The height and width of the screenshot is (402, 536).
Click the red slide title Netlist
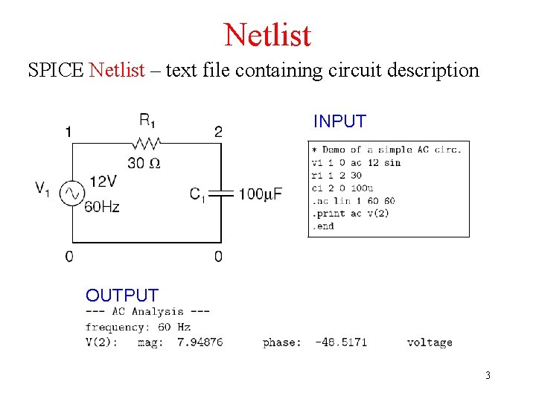pyautogui.click(x=267, y=34)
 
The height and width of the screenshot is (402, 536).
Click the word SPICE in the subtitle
pyautogui.click(x=56, y=71)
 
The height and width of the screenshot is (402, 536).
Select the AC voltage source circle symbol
pyautogui.click(x=72, y=194)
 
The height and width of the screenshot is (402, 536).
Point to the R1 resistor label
pyautogui.click(x=147, y=121)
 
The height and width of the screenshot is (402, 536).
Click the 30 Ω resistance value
pyautogui.click(x=144, y=163)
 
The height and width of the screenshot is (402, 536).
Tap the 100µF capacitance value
pyautogui.click(x=261, y=194)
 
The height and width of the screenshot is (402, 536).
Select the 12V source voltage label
pyautogui.click(x=103, y=181)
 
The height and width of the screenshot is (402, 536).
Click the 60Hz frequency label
pyautogui.click(x=102, y=207)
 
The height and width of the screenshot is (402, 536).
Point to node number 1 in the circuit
pyautogui.click(x=68, y=133)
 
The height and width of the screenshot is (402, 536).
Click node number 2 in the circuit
pyautogui.click(x=218, y=133)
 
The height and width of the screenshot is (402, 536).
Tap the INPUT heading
pyautogui.click(x=339, y=121)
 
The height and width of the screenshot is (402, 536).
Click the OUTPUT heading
pyautogui.click(x=122, y=296)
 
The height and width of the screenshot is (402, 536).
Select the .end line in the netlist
pyautogui.click(x=323, y=226)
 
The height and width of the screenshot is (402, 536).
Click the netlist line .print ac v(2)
pyautogui.click(x=350, y=214)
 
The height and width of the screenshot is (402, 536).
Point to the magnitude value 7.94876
pyautogui.click(x=200, y=342)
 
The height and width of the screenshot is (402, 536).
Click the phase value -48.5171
pyautogui.click(x=341, y=342)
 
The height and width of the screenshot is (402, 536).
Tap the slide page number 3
pyautogui.click(x=488, y=375)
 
